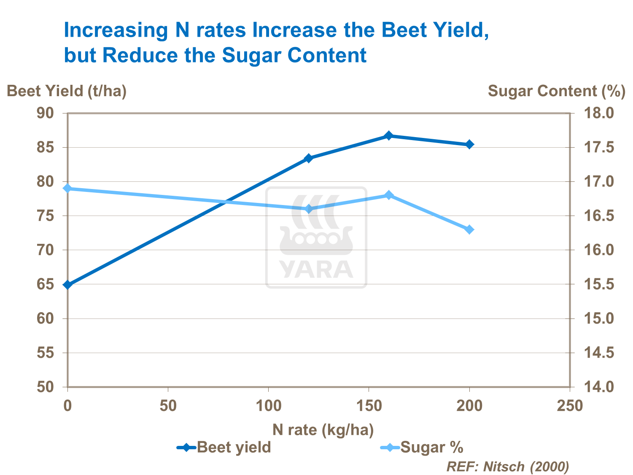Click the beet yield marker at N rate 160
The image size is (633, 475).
coord(389,136)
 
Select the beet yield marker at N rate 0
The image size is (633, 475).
coord(67,285)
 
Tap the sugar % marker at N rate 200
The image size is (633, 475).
coord(469,229)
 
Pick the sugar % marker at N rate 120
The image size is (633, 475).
coord(308,209)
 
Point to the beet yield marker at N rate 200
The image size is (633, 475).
coord(469,144)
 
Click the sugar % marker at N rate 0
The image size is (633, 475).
coord(67,188)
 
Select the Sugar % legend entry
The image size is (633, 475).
coord(422,447)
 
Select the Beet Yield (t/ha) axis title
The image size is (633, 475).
coord(67,91)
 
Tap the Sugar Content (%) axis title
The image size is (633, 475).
coord(556,91)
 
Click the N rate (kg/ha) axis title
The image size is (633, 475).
coord(323,429)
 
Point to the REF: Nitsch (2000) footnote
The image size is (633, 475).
coord(507,467)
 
